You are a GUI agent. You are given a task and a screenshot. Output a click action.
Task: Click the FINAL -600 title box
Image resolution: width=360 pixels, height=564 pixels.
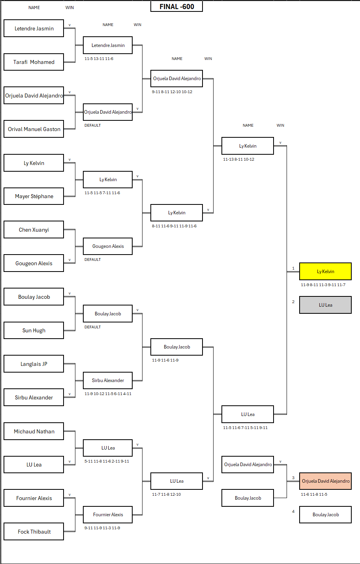point(176,7)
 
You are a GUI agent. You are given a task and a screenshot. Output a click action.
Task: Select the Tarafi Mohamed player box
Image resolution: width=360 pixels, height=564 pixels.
point(34,62)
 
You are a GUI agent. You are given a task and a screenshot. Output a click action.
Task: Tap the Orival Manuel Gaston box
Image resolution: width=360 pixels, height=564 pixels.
point(34,129)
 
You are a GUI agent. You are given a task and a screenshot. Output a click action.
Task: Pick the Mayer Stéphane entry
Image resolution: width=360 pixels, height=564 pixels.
point(34,196)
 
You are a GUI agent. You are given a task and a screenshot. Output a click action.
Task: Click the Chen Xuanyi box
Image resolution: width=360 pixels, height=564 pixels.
point(34,230)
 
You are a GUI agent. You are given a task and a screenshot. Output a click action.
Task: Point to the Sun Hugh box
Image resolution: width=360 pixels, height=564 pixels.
point(34,330)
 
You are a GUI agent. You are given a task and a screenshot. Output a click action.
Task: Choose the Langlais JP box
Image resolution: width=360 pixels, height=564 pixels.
point(34,364)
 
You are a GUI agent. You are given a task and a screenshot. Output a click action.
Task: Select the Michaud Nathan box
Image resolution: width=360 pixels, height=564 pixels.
point(34,431)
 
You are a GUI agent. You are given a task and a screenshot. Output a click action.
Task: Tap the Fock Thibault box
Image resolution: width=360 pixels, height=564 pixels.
point(34,532)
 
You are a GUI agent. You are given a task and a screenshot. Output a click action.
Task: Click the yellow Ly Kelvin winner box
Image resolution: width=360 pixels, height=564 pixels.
point(325,272)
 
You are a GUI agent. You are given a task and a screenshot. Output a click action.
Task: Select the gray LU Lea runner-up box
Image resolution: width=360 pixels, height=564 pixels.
point(325,305)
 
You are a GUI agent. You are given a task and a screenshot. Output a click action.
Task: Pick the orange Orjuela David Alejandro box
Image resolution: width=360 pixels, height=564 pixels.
point(325,481)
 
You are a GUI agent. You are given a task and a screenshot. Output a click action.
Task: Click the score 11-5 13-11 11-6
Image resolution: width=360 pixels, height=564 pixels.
point(99,59)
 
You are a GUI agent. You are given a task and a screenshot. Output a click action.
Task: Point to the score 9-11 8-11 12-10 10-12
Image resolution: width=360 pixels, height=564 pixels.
point(172,92)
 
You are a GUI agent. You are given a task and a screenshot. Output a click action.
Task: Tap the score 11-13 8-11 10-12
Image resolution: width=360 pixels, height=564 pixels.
point(238,159)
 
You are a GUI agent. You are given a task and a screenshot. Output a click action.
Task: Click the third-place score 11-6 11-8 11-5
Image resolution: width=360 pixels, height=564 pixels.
point(314,495)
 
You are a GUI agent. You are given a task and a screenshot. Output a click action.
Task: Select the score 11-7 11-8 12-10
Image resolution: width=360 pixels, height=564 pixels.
point(166,495)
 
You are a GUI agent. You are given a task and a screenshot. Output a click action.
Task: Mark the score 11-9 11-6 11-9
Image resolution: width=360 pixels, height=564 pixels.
point(165,360)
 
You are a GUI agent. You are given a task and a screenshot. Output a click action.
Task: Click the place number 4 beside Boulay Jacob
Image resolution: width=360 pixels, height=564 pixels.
point(293,512)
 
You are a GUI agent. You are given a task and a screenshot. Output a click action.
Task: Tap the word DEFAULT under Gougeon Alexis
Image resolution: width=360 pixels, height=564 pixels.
point(92,260)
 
